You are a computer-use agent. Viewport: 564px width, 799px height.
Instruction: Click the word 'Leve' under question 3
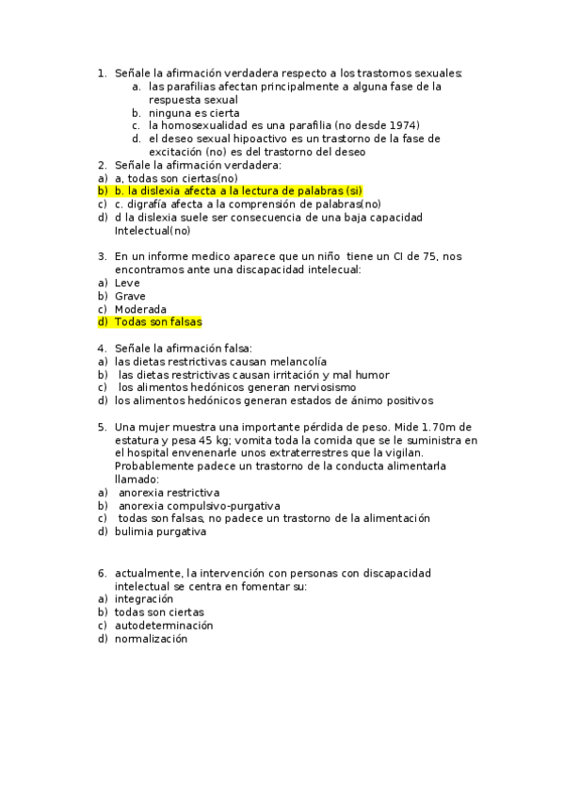pos(127,283)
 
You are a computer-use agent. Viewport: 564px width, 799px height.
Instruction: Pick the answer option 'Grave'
pos(130,296)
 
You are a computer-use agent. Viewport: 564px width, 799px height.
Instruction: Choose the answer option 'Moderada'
pos(140,309)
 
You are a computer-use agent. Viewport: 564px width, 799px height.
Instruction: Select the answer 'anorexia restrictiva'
pos(169,493)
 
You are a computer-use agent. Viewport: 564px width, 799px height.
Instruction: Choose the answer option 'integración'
pos(144,598)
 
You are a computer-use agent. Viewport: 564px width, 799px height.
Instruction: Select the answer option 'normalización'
pos(151,638)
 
